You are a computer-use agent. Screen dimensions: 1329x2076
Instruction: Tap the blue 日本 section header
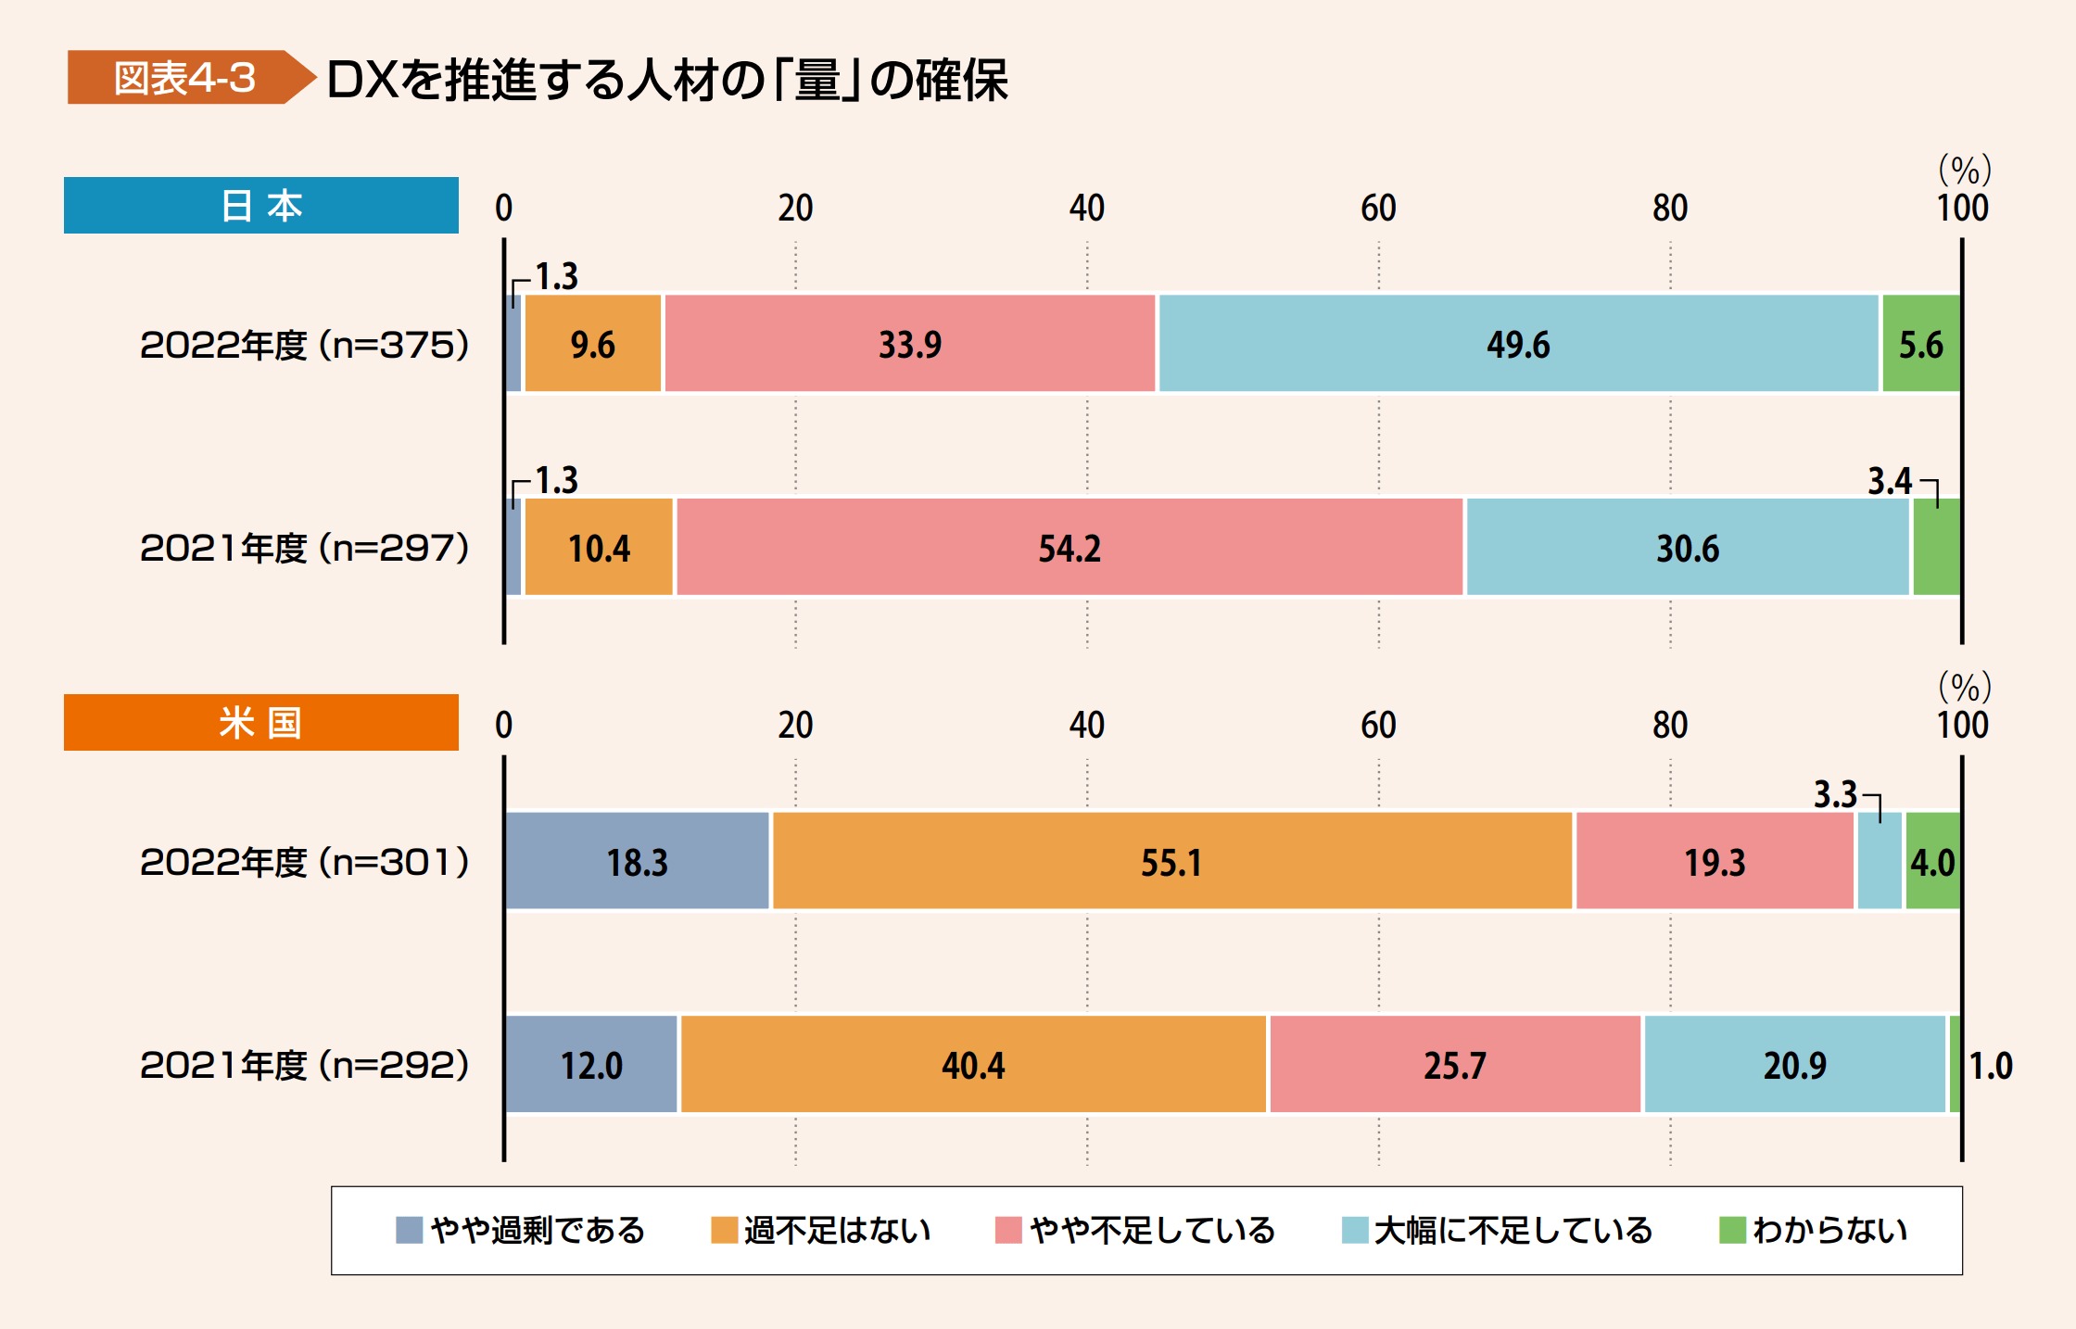coord(260,206)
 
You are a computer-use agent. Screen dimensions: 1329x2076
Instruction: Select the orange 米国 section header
coord(260,723)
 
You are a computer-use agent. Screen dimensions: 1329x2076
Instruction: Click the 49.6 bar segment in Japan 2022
coord(1518,345)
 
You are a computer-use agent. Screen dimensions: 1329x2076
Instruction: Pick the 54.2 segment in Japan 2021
coord(1070,549)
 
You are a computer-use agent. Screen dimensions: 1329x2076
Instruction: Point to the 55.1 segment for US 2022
coord(1171,862)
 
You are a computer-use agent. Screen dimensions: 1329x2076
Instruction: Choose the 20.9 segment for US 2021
coord(1794,1065)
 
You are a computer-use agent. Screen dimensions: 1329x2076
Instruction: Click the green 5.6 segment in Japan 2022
coord(1921,345)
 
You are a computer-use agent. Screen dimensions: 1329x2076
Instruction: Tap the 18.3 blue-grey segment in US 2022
coord(638,862)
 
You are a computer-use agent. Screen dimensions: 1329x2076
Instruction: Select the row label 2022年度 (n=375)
coord(305,346)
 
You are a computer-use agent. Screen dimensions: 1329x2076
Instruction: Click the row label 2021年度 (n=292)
coord(305,1066)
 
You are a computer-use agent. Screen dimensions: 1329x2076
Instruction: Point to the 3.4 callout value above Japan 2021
coord(1889,481)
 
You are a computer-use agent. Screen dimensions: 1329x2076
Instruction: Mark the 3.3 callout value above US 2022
coord(1835,795)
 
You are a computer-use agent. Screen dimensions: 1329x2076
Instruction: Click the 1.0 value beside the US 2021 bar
coord(1991,1066)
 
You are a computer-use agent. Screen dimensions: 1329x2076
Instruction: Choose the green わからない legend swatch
coord(1732,1231)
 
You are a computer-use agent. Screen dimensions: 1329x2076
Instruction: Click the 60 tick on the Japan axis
coord(1378,209)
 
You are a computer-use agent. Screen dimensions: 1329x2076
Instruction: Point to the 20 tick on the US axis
coord(795,726)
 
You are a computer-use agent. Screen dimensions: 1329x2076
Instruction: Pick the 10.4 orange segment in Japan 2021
coord(599,549)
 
